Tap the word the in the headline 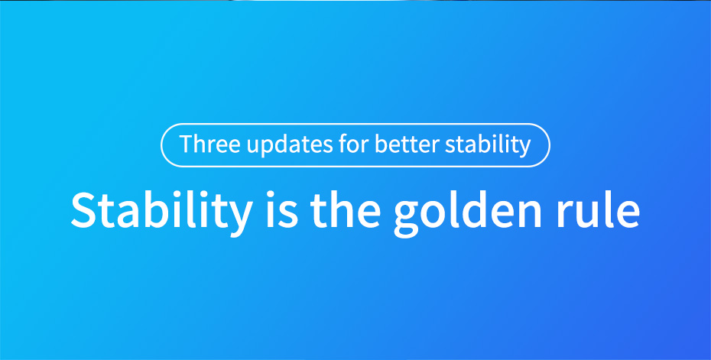pos(345,209)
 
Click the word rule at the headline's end pos(598,209)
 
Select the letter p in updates pos(268,148)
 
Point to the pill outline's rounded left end pos(161,145)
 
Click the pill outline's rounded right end pos(549,145)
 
